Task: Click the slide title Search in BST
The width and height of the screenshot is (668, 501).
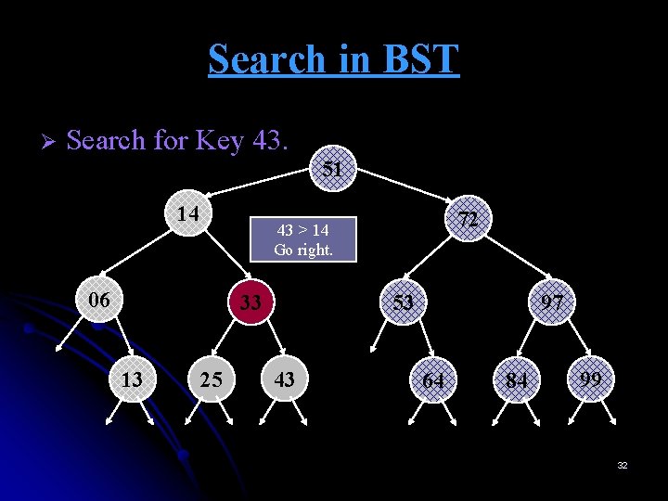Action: click(333, 58)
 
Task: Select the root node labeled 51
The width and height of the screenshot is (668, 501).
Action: click(331, 169)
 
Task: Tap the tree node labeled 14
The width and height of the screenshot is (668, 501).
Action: click(188, 213)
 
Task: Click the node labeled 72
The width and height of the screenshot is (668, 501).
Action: click(469, 219)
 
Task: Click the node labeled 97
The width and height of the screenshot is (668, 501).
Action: click(553, 302)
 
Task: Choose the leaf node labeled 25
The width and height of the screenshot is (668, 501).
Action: click(211, 379)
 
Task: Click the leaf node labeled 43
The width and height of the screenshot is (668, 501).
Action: click(285, 379)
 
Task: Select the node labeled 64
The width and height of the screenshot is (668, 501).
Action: click(433, 380)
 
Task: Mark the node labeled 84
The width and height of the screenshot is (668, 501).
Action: click(517, 380)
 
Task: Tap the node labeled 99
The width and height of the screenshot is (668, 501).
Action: click(590, 379)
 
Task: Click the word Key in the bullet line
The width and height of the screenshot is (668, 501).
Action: click(219, 141)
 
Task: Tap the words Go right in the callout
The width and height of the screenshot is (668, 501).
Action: click(302, 249)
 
